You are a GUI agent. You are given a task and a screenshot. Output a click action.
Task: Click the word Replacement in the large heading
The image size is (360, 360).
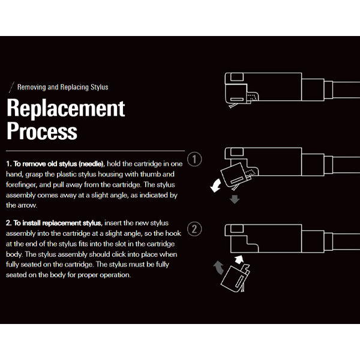66,109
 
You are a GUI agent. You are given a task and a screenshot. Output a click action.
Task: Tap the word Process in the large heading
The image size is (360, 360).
42,131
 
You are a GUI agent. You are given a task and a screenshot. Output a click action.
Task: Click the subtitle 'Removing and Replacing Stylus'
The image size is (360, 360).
62,88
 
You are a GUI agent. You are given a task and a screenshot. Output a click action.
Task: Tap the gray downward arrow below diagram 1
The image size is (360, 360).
235,198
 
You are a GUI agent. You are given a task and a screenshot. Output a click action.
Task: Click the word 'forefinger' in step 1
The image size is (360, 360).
23,185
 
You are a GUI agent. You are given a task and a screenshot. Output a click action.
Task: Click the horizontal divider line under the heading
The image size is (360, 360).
95,151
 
